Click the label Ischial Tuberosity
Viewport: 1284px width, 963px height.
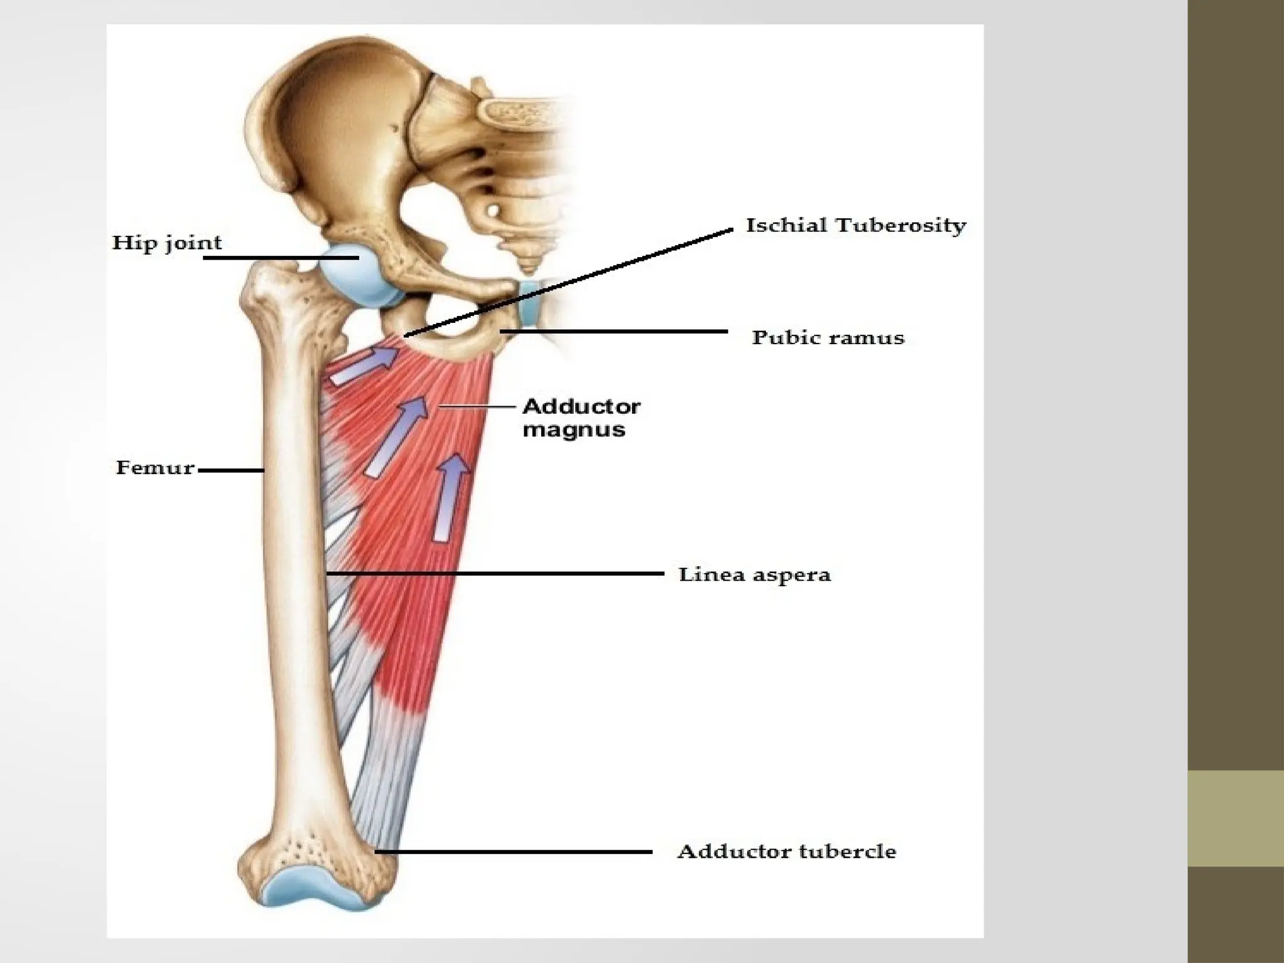pyautogui.click(x=855, y=226)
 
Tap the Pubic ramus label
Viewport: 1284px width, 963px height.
pyautogui.click(x=828, y=338)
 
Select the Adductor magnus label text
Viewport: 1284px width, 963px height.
pyautogui.click(x=581, y=418)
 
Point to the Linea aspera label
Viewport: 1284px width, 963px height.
pyautogui.click(x=754, y=574)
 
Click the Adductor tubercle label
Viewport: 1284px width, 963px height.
pyautogui.click(x=786, y=851)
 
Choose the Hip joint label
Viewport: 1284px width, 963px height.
pyautogui.click(x=167, y=243)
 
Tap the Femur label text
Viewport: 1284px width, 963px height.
pyautogui.click(x=155, y=468)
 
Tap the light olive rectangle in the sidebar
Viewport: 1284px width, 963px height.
pyautogui.click(x=1236, y=818)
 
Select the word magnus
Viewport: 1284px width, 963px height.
pyautogui.click(x=574, y=430)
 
